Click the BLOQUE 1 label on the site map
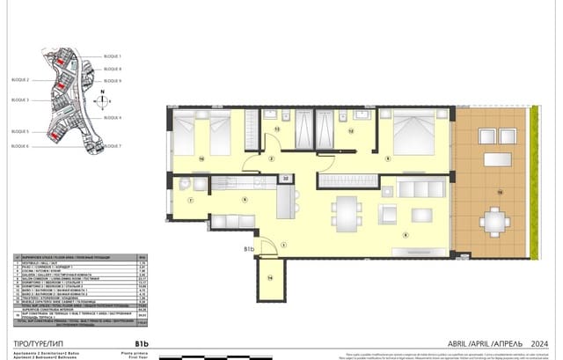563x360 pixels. tap(112, 55)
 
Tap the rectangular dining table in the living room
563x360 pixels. tap(346, 212)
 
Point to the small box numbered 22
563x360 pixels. tap(286, 179)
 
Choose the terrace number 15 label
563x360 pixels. tap(500, 191)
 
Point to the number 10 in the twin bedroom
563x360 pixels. tap(201, 158)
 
